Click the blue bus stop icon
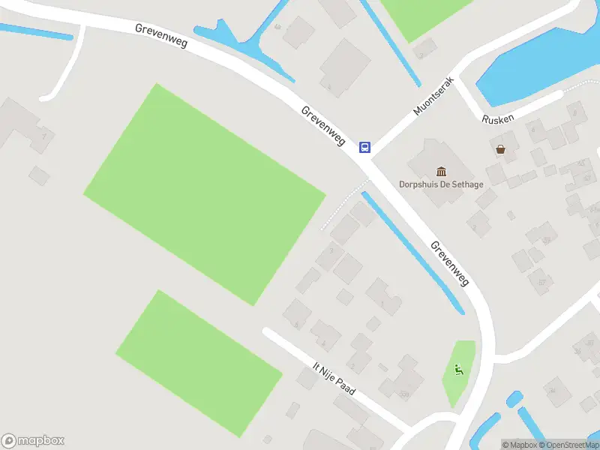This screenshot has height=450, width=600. [364, 147]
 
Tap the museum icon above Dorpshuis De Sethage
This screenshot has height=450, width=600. [441, 172]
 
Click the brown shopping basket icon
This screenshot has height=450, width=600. [500, 149]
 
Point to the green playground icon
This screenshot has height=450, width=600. [458, 368]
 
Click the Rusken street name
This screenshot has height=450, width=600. [498, 119]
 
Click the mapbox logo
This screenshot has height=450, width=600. [33, 441]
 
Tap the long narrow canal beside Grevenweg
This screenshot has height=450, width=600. [412, 252]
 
